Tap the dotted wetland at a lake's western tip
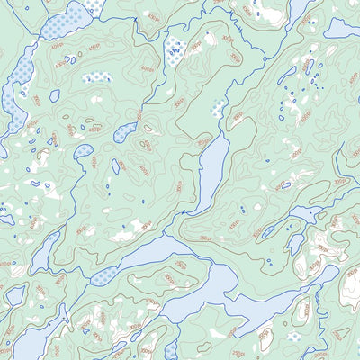(x=106, y=274)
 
